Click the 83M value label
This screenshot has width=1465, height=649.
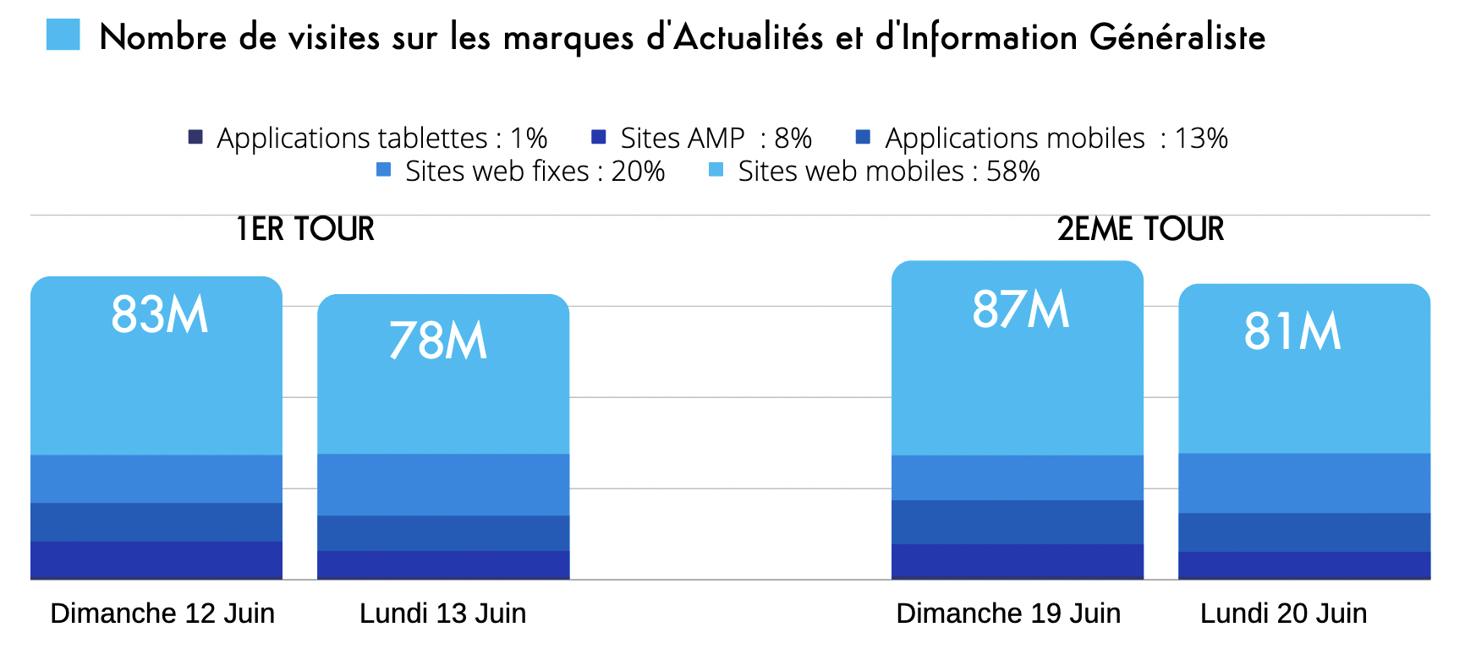coord(160,315)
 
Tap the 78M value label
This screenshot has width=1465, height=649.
coord(438,341)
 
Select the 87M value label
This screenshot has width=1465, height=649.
coord(1021,309)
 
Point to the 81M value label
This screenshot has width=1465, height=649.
coord(1292,331)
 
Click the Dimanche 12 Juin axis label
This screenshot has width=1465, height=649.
coord(162,614)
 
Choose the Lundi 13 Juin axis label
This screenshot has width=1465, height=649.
coord(442,614)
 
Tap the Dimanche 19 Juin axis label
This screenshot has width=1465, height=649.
coord(1008,614)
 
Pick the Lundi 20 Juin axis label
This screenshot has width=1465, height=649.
coord(1283,614)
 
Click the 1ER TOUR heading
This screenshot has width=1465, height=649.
coord(305,229)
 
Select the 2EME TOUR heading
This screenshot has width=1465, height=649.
coord(1140,229)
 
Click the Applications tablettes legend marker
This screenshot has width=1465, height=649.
coord(195,137)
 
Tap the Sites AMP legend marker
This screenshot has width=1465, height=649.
coord(599,137)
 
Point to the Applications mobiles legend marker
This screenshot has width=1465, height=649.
coord(864,137)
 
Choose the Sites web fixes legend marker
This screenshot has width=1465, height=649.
coord(384,170)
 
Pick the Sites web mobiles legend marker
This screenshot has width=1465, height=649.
coord(716,170)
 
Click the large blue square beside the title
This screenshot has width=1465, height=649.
coord(63,35)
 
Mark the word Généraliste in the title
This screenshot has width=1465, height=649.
coord(1177,37)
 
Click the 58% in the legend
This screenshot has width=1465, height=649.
coord(1012,172)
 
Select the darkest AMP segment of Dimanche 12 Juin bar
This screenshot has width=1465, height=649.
coord(156,559)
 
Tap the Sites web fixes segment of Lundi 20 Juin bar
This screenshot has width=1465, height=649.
coord(1304,483)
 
